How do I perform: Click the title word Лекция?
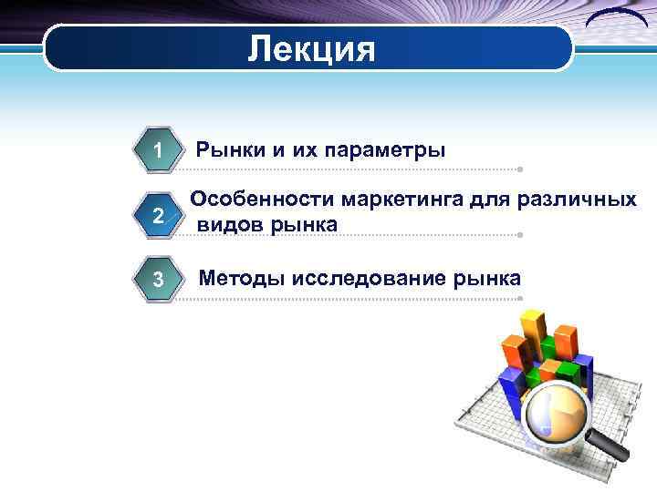[311, 48]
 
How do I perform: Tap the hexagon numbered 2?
[158, 216]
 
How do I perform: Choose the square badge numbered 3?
[158, 279]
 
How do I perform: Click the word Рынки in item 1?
[233, 149]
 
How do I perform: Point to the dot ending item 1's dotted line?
[519, 169]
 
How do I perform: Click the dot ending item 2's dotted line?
[519, 235]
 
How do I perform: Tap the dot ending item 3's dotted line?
[519, 298]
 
